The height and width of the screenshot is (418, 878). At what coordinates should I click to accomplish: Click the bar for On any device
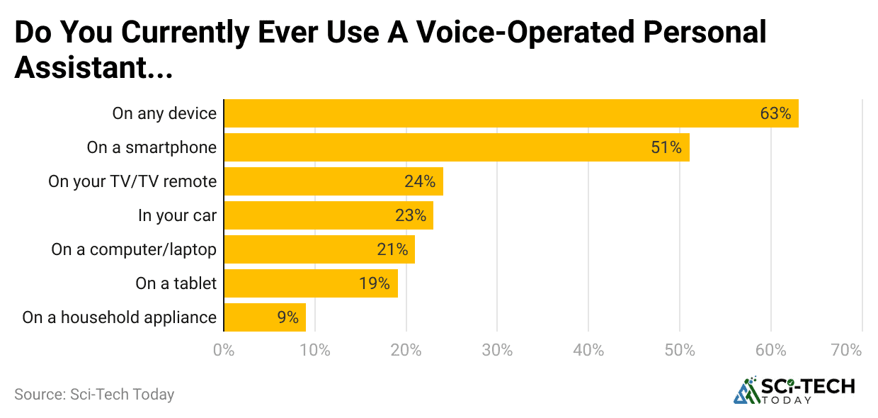click(x=511, y=113)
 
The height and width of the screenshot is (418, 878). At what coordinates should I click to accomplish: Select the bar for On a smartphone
click(x=456, y=147)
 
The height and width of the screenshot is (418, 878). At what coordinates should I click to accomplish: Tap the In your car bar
click(x=328, y=215)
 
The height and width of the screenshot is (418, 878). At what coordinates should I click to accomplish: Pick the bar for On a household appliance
click(x=264, y=317)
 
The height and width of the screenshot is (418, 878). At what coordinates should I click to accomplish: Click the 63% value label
click(x=775, y=113)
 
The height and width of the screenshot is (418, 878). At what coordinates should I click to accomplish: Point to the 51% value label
click(x=666, y=147)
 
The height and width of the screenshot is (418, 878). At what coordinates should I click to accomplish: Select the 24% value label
click(x=419, y=181)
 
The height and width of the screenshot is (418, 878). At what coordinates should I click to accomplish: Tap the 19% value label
click(x=374, y=283)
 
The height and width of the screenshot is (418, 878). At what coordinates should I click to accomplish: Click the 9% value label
click(x=287, y=317)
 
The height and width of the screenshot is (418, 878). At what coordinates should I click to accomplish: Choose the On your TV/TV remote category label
click(x=132, y=181)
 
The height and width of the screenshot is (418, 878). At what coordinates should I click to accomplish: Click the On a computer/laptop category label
click(x=133, y=249)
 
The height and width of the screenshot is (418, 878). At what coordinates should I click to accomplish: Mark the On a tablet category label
click(x=176, y=283)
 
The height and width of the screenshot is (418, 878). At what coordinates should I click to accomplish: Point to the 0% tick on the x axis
click(x=224, y=350)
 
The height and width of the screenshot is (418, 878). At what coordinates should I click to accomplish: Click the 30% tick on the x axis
click(x=497, y=350)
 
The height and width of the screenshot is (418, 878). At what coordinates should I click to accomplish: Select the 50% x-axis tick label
click(x=679, y=350)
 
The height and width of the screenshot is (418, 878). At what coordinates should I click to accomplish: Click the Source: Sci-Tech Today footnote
click(x=94, y=395)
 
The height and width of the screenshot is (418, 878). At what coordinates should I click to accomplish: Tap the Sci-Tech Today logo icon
click(x=745, y=390)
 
